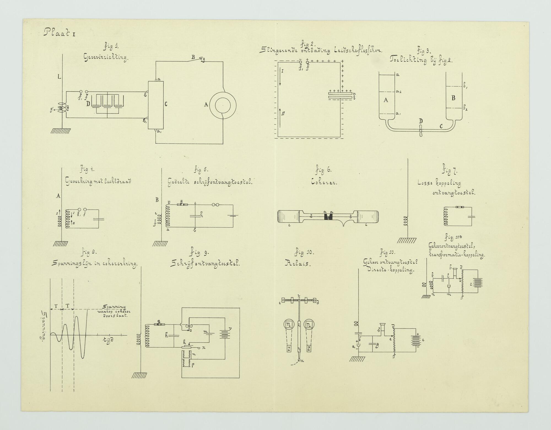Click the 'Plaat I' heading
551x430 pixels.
click(x=59, y=33)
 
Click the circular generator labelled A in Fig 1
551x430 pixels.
click(x=223, y=105)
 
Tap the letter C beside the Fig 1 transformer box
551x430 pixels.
click(x=166, y=104)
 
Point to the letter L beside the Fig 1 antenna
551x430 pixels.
click(x=59, y=77)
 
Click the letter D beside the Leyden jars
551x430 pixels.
click(x=88, y=104)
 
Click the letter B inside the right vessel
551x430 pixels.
click(x=453, y=98)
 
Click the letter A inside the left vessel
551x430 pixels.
click(x=386, y=100)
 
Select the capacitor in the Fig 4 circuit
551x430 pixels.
click(x=98, y=219)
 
